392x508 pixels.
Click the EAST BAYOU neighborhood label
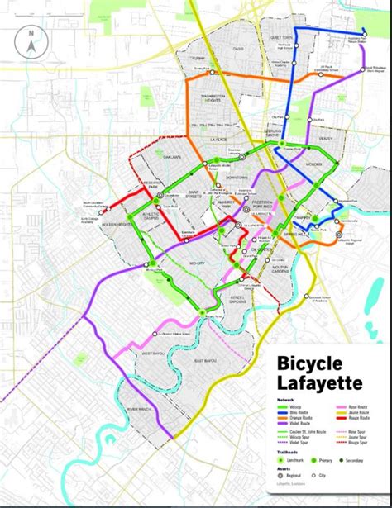tap(207, 361)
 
